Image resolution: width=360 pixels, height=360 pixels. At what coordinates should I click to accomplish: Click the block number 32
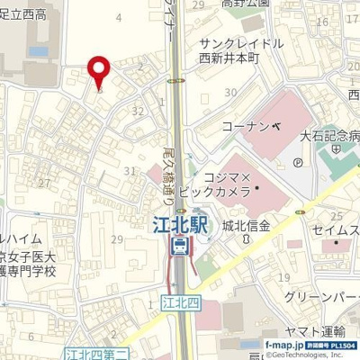137,111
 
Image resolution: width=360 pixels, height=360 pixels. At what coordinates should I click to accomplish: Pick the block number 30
232,93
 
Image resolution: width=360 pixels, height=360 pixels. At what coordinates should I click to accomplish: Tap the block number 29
117,238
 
